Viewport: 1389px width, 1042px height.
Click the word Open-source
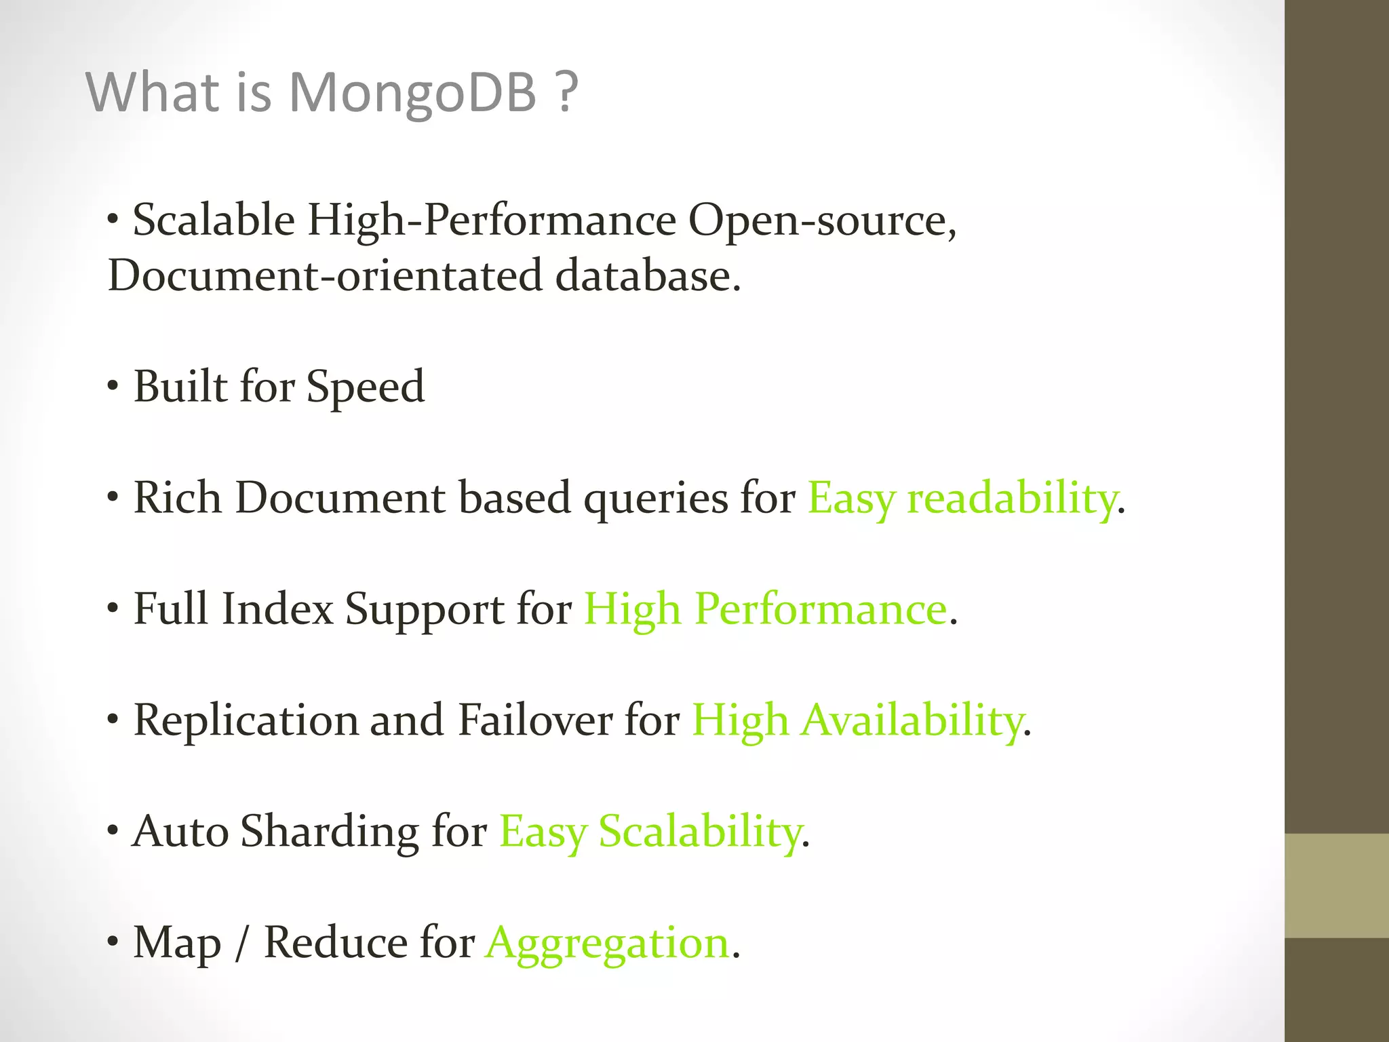point(821,221)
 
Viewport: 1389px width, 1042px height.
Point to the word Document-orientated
point(325,276)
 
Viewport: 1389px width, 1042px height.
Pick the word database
point(647,276)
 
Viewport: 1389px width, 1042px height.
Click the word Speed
point(366,387)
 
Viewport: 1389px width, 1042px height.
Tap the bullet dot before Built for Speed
point(113,387)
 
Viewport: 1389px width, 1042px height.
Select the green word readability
point(1011,499)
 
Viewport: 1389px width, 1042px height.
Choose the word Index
point(277,609)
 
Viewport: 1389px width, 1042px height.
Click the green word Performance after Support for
point(821,609)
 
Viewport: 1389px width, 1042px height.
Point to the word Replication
point(246,720)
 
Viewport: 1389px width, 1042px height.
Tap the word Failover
point(535,720)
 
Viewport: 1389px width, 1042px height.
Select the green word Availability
point(913,720)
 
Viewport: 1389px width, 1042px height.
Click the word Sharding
point(330,832)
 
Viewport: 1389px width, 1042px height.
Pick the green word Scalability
point(699,832)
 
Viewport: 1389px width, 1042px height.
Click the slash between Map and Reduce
point(241,943)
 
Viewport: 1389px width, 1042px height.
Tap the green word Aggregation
point(608,943)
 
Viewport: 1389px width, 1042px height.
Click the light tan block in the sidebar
point(1337,885)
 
